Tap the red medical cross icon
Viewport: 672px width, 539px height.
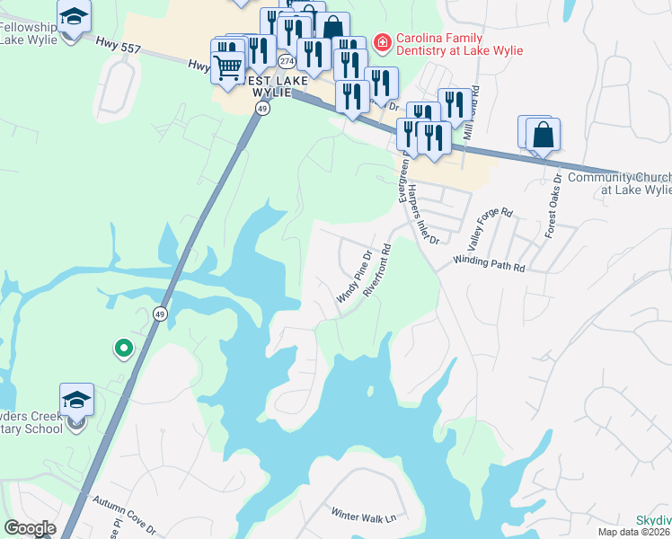[x=382, y=40]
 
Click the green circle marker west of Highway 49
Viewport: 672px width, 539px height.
[x=123, y=347]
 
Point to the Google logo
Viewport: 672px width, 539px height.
[x=30, y=528]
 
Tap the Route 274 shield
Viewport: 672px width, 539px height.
[x=286, y=61]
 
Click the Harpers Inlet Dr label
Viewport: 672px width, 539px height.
[x=421, y=216]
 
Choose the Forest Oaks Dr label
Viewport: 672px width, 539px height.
[x=552, y=204]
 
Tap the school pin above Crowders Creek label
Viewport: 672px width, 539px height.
[x=76, y=398]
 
